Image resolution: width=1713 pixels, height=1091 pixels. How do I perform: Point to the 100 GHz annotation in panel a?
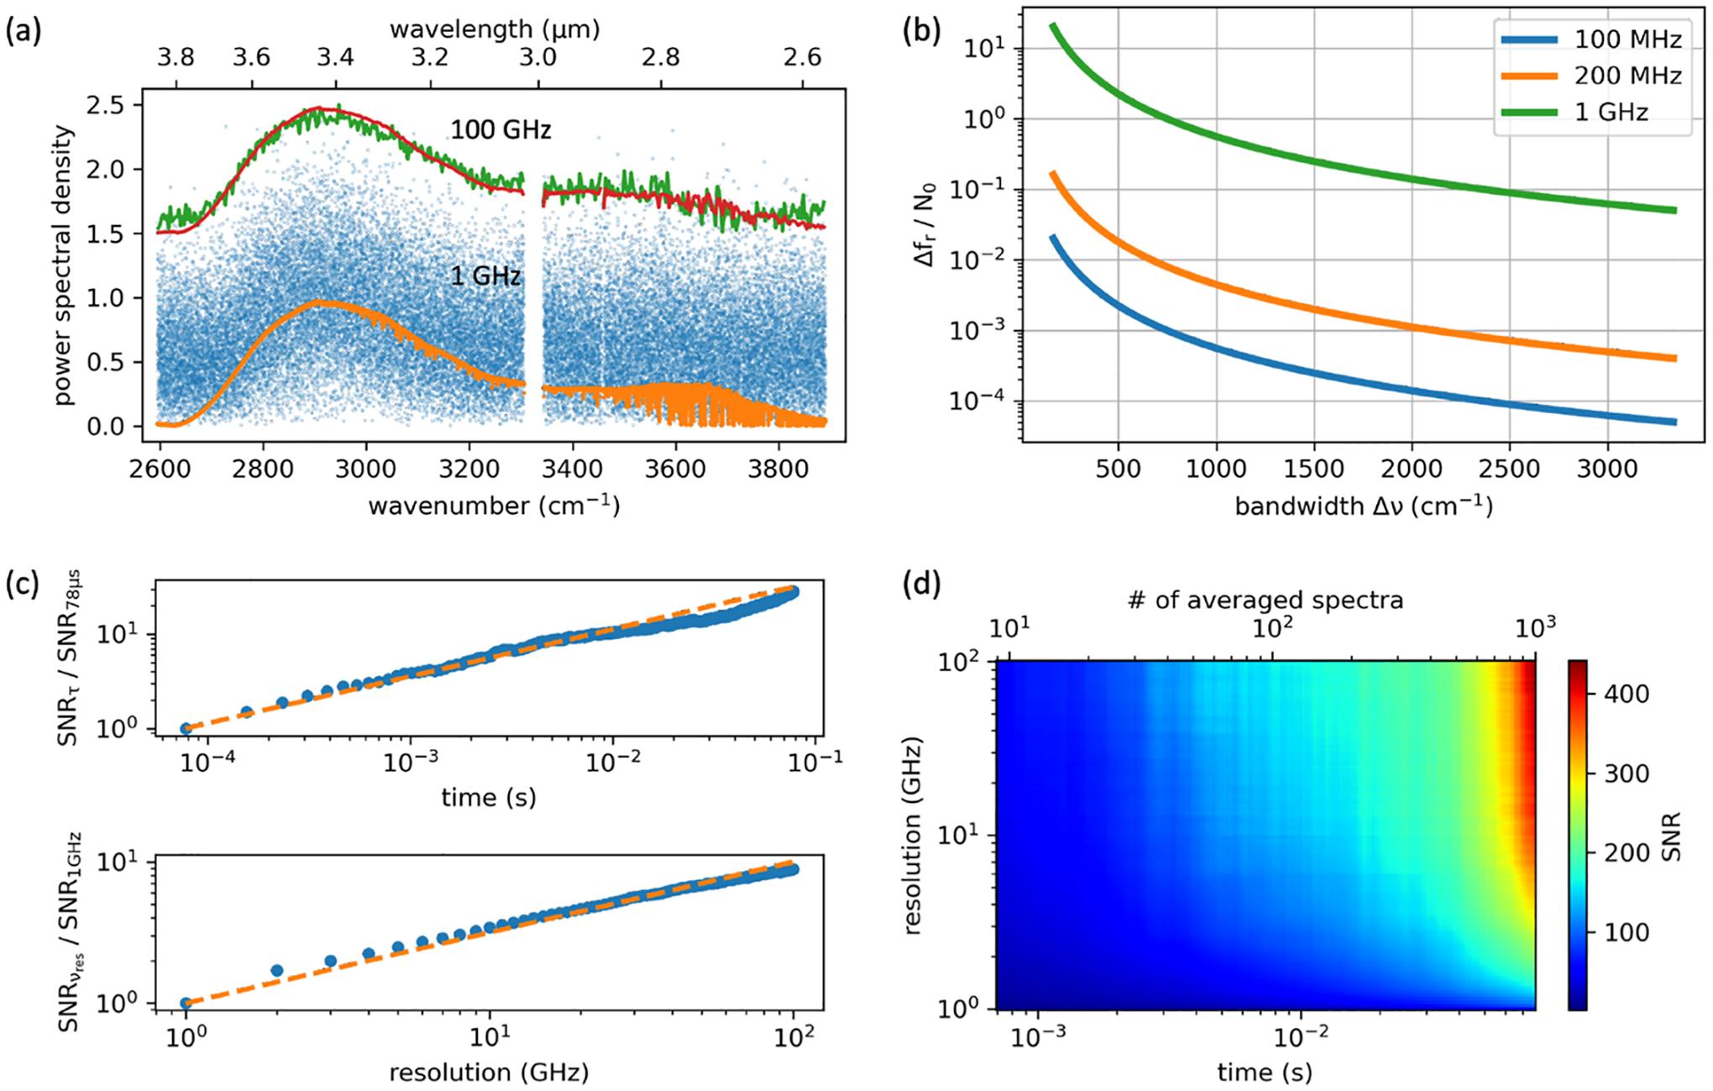tap(500, 130)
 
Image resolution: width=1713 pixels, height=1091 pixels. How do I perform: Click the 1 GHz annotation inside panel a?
tap(486, 276)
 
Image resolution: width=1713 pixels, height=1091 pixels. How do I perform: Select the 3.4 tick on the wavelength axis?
tap(335, 57)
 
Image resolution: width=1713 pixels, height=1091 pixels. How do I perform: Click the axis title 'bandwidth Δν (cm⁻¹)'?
tap(1364, 506)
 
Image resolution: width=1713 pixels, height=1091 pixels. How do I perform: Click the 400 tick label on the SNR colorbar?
tap(1621, 694)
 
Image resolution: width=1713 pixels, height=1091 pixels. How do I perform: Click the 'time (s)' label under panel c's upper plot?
tap(489, 797)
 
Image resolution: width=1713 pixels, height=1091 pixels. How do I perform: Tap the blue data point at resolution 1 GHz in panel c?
tap(186, 1003)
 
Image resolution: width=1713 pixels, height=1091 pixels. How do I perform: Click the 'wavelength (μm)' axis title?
tap(495, 29)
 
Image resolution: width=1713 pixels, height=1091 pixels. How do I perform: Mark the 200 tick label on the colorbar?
tap(1621, 852)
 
